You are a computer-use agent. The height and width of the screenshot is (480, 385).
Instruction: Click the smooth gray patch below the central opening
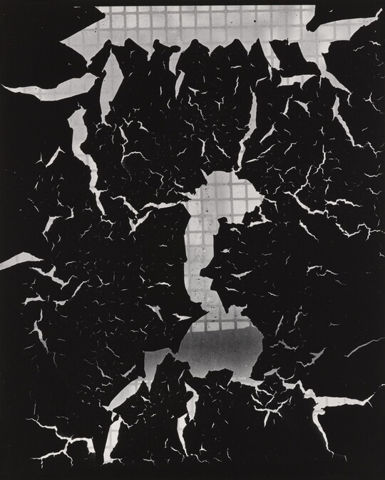pos(221,350)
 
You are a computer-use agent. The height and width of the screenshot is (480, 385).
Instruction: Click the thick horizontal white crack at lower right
pos(335,396)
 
